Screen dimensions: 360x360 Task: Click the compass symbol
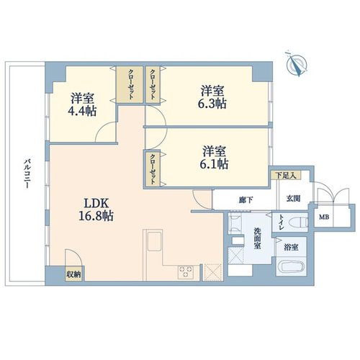click(x=297, y=63)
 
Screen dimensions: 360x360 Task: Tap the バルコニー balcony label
click(x=27, y=174)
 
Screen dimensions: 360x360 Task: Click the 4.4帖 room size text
click(x=82, y=111)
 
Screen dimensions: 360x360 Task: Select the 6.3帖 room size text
click(x=212, y=104)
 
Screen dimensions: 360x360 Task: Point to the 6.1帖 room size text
click(x=214, y=164)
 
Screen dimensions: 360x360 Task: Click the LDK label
click(x=96, y=203)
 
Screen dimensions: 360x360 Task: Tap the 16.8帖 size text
click(x=96, y=216)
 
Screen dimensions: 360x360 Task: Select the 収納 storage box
click(x=73, y=274)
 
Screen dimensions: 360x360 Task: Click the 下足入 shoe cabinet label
click(x=286, y=175)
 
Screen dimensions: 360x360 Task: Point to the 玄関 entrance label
click(x=294, y=199)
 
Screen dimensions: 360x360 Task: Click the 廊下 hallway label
click(x=246, y=200)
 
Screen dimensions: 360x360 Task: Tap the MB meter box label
click(x=324, y=217)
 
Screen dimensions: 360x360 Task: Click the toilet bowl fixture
click(x=298, y=222)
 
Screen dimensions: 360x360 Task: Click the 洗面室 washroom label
click(x=258, y=238)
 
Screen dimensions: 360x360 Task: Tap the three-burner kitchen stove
click(x=185, y=272)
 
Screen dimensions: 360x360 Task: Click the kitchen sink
click(x=155, y=240)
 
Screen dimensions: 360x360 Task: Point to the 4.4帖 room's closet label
click(x=131, y=84)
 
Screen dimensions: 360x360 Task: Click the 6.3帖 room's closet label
click(x=153, y=84)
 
